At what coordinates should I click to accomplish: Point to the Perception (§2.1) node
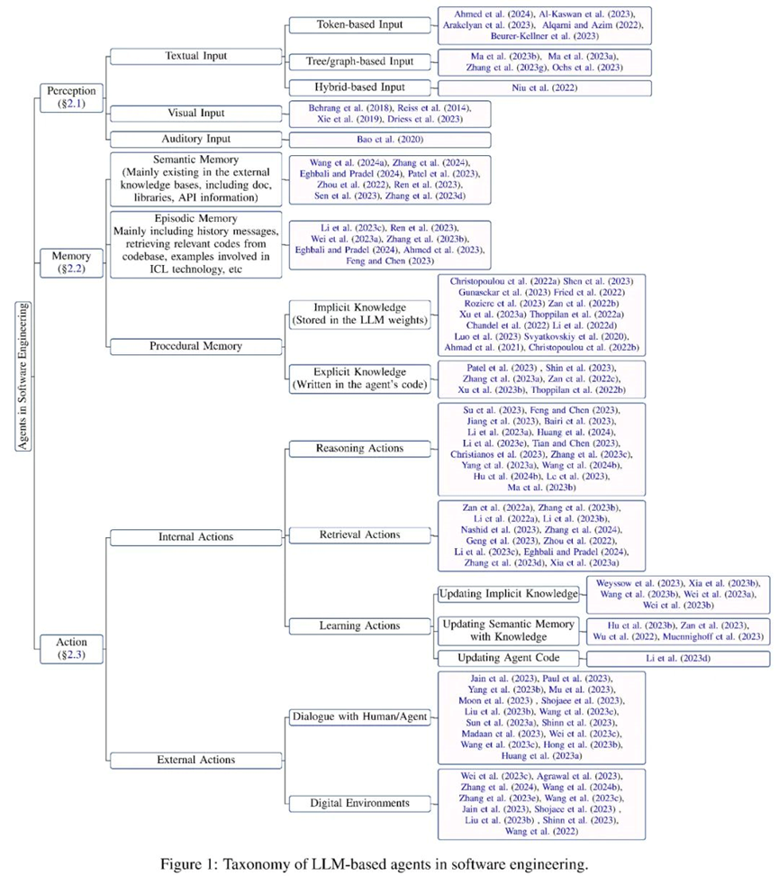tap(70, 97)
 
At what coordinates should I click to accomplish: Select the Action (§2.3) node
tap(70, 648)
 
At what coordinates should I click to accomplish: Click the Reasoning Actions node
tap(359, 448)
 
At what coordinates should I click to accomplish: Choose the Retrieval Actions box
tap(359, 534)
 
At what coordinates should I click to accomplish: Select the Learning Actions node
tap(359, 625)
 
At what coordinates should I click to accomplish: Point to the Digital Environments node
tap(359, 802)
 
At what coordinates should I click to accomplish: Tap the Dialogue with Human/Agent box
tap(359, 717)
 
